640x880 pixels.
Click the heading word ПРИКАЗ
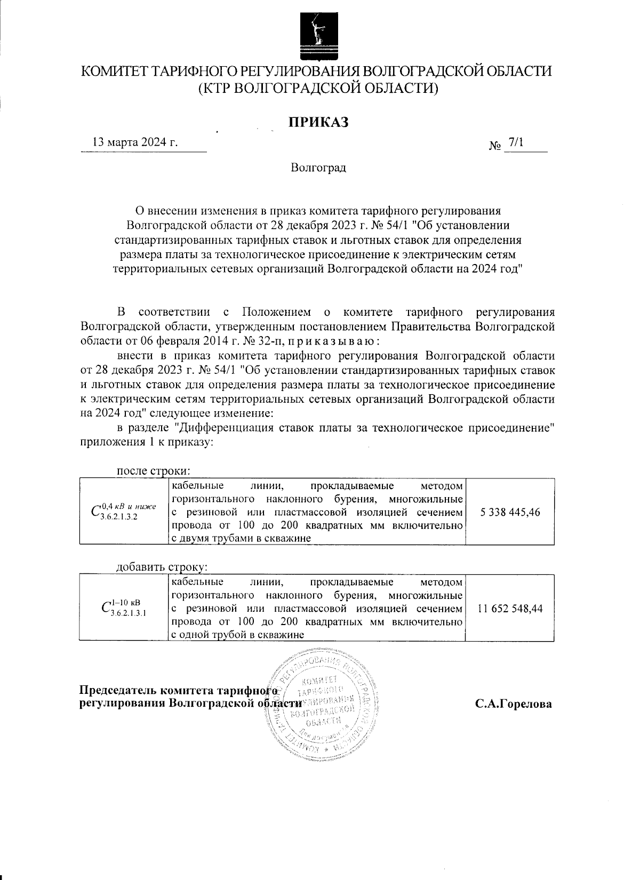pos(318,122)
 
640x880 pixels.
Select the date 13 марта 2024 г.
pos(135,143)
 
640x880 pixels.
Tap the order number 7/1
pos(516,142)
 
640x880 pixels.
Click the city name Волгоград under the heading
pos(318,168)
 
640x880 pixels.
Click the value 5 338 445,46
pos(510,512)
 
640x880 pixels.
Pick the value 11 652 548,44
pos(510,609)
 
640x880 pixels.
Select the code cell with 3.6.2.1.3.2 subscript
pos(124,512)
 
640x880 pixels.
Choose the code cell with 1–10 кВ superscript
pos(124,609)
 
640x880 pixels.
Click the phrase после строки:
pos(154,471)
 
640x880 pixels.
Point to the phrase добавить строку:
pos(161,567)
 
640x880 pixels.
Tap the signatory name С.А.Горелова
pos(514,704)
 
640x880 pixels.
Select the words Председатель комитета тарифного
pos(177,691)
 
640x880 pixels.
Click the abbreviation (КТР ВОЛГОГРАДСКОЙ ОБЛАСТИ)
pos(318,89)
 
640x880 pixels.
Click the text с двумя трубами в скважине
pos(241,539)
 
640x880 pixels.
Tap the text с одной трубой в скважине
pos(237,635)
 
